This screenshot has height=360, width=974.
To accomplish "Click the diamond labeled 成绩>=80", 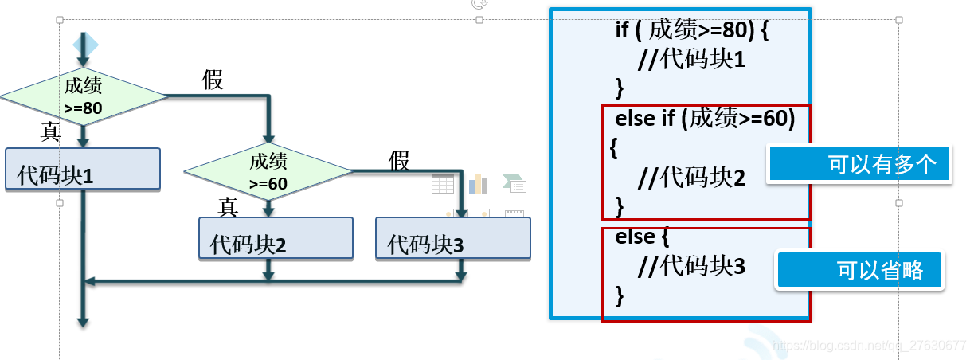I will tap(83, 96).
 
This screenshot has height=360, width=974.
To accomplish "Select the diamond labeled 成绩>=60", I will tap(268, 171).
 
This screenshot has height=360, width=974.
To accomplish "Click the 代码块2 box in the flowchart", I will tap(276, 238).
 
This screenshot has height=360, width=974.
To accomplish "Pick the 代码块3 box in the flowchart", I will tap(452, 238).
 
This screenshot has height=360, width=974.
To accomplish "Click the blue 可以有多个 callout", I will tap(859, 166).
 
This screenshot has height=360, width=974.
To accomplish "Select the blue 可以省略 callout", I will tap(860, 270).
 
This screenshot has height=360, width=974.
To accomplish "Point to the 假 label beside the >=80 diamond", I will tap(213, 80).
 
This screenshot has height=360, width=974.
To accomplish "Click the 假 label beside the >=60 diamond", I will tap(399, 160).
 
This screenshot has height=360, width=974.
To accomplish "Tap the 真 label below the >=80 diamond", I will tap(51, 132).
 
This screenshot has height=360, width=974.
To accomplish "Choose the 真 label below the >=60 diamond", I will tap(229, 207).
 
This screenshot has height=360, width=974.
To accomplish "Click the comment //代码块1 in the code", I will tap(691, 59).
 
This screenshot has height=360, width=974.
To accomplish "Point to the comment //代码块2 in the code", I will tap(691, 178).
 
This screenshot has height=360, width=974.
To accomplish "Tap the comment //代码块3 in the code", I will tap(691, 267).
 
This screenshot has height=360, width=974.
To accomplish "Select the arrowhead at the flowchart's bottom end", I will tap(82, 321).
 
